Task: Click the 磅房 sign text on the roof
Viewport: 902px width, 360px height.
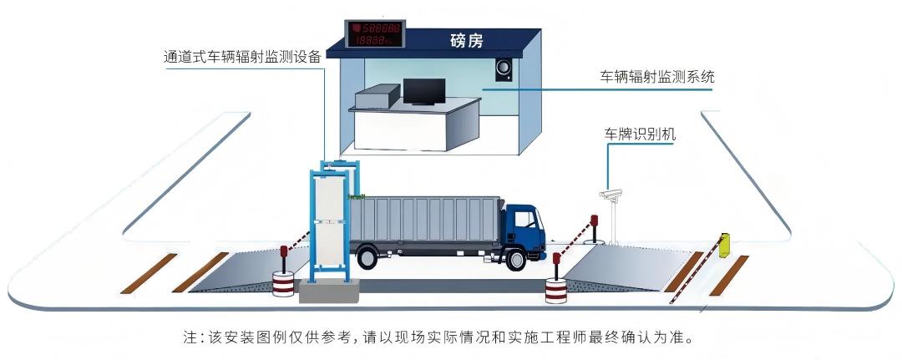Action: coord(467,39)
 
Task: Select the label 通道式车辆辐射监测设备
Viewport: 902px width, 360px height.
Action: coord(242,57)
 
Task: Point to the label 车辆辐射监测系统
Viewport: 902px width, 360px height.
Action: coord(657,77)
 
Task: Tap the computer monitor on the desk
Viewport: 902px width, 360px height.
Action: coord(424,90)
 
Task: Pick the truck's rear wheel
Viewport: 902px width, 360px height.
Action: coord(367,257)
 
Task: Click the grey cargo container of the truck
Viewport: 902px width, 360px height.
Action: coord(425,221)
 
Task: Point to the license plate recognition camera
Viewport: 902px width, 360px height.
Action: coord(611,195)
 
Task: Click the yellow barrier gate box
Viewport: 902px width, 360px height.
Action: coord(724,244)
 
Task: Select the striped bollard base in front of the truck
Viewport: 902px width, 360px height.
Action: coord(555,292)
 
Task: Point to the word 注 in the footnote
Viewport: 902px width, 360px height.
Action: coord(190,338)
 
